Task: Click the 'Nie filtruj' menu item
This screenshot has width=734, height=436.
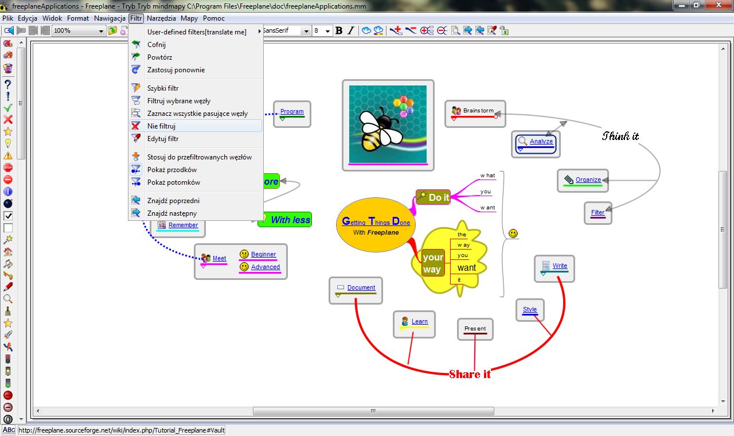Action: (161, 126)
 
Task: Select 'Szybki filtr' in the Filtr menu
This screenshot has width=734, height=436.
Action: (163, 88)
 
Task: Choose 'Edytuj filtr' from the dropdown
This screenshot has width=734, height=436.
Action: (163, 139)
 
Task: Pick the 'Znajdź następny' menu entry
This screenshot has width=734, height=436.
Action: (172, 213)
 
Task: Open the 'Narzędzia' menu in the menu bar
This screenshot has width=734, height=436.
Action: (161, 18)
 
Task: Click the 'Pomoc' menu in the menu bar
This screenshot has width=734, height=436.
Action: (214, 18)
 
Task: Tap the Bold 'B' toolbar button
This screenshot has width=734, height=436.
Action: (339, 30)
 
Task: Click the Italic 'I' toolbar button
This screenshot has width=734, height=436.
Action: (351, 30)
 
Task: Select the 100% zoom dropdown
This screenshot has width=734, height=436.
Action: (79, 30)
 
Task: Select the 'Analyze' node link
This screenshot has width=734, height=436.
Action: (541, 141)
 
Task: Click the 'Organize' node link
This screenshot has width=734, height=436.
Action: (588, 180)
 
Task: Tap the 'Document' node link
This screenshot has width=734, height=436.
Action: (361, 287)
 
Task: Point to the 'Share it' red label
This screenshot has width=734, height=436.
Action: (470, 374)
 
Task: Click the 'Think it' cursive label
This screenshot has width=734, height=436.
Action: (620, 136)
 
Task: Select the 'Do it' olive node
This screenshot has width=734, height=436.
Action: (433, 197)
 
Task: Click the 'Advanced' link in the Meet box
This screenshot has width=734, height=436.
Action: (266, 267)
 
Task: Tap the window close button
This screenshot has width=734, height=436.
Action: (719, 5)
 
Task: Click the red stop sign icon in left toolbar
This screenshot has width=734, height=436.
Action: (8, 168)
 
